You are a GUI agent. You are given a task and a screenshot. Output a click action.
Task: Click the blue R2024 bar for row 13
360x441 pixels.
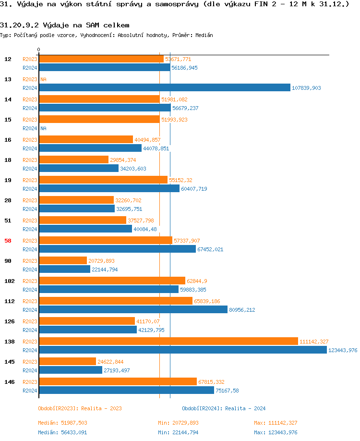[x=164, y=87]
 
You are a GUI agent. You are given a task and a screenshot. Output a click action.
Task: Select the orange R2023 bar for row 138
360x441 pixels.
[x=168, y=341]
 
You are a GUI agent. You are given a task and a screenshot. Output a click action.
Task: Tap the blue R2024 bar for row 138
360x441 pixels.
[x=182, y=350]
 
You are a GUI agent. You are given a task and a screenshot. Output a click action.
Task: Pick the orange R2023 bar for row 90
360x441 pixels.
[x=63, y=260]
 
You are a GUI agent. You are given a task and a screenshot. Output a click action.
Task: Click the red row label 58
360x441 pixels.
[x=8, y=241]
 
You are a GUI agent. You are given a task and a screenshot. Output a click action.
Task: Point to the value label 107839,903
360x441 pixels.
[x=306, y=88]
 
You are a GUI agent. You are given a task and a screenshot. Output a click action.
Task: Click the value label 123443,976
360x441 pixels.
[x=343, y=350]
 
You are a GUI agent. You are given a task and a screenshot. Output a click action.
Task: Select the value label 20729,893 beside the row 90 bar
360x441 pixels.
[x=101, y=261]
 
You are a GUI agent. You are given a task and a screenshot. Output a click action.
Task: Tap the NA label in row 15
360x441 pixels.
[x=43, y=128]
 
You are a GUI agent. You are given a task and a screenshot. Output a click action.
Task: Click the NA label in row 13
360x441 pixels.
[x=43, y=79]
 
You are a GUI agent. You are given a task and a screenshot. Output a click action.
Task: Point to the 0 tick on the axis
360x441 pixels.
[x=39, y=49]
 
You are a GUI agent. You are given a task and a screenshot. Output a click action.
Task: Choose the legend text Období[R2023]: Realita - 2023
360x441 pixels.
[x=80, y=408]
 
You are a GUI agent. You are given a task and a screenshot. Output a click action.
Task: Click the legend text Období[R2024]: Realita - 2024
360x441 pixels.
[x=224, y=408]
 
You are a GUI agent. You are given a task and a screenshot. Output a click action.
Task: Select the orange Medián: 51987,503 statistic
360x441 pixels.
[x=62, y=423]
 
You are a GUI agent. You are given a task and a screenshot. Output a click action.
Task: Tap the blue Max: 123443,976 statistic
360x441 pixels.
[x=276, y=432]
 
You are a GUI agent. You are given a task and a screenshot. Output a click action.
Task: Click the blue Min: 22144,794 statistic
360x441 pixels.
[x=178, y=432]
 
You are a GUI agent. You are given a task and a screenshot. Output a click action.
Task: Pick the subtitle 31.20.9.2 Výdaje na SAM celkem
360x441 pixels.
[x=65, y=25]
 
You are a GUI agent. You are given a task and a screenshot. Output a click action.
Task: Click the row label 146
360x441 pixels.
[x=9, y=382]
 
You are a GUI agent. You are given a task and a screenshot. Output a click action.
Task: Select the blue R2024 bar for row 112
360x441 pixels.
[x=133, y=309]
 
